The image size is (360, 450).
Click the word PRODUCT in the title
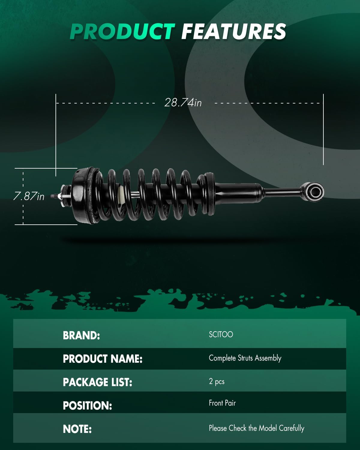[122, 31]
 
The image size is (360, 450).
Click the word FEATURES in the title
[233, 31]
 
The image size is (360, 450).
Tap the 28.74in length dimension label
[183, 103]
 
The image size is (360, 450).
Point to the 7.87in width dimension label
[29, 196]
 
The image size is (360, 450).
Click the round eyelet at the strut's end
[315, 191]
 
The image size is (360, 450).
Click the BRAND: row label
[81, 335]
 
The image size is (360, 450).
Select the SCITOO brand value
[221, 334]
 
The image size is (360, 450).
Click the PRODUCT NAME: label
[103, 359]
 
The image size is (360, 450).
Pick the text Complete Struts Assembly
[245, 358]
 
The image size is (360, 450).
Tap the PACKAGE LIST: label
[97, 382]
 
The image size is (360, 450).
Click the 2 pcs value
[217, 381]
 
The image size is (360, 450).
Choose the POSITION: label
[87, 406]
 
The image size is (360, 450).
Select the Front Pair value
[222, 403]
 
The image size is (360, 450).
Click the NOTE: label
[77, 429]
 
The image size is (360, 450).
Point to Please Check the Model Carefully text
[256, 428]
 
